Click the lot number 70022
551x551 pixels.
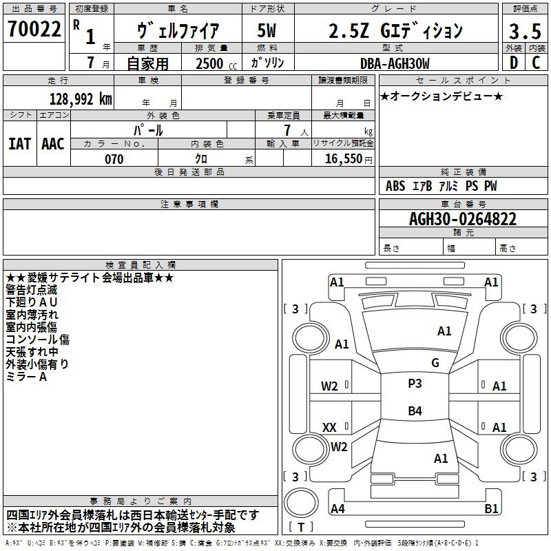(x=34, y=29)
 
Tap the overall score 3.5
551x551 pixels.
(x=525, y=31)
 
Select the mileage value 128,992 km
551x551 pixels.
(x=81, y=98)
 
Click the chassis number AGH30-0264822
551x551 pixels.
(x=463, y=219)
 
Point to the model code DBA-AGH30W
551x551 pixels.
(x=395, y=63)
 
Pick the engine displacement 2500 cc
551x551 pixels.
(x=216, y=63)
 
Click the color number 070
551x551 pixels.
(x=114, y=159)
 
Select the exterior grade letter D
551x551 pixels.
(x=514, y=63)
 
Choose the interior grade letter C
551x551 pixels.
(x=536, y=63)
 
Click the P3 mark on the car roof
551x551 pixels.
(x=415, y=384)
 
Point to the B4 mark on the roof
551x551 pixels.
(x=415, y=410)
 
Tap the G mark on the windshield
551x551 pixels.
(x=435, y=363)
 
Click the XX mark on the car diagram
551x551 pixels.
(x=329, y=427)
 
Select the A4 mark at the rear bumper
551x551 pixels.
(x=337, y=508)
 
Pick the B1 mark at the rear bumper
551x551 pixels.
(x=491, y=508)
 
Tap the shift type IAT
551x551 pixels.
(x=19, y=144)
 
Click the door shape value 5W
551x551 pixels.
(x=267, y=30)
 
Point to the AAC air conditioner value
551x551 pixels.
(x=53, y=144)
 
